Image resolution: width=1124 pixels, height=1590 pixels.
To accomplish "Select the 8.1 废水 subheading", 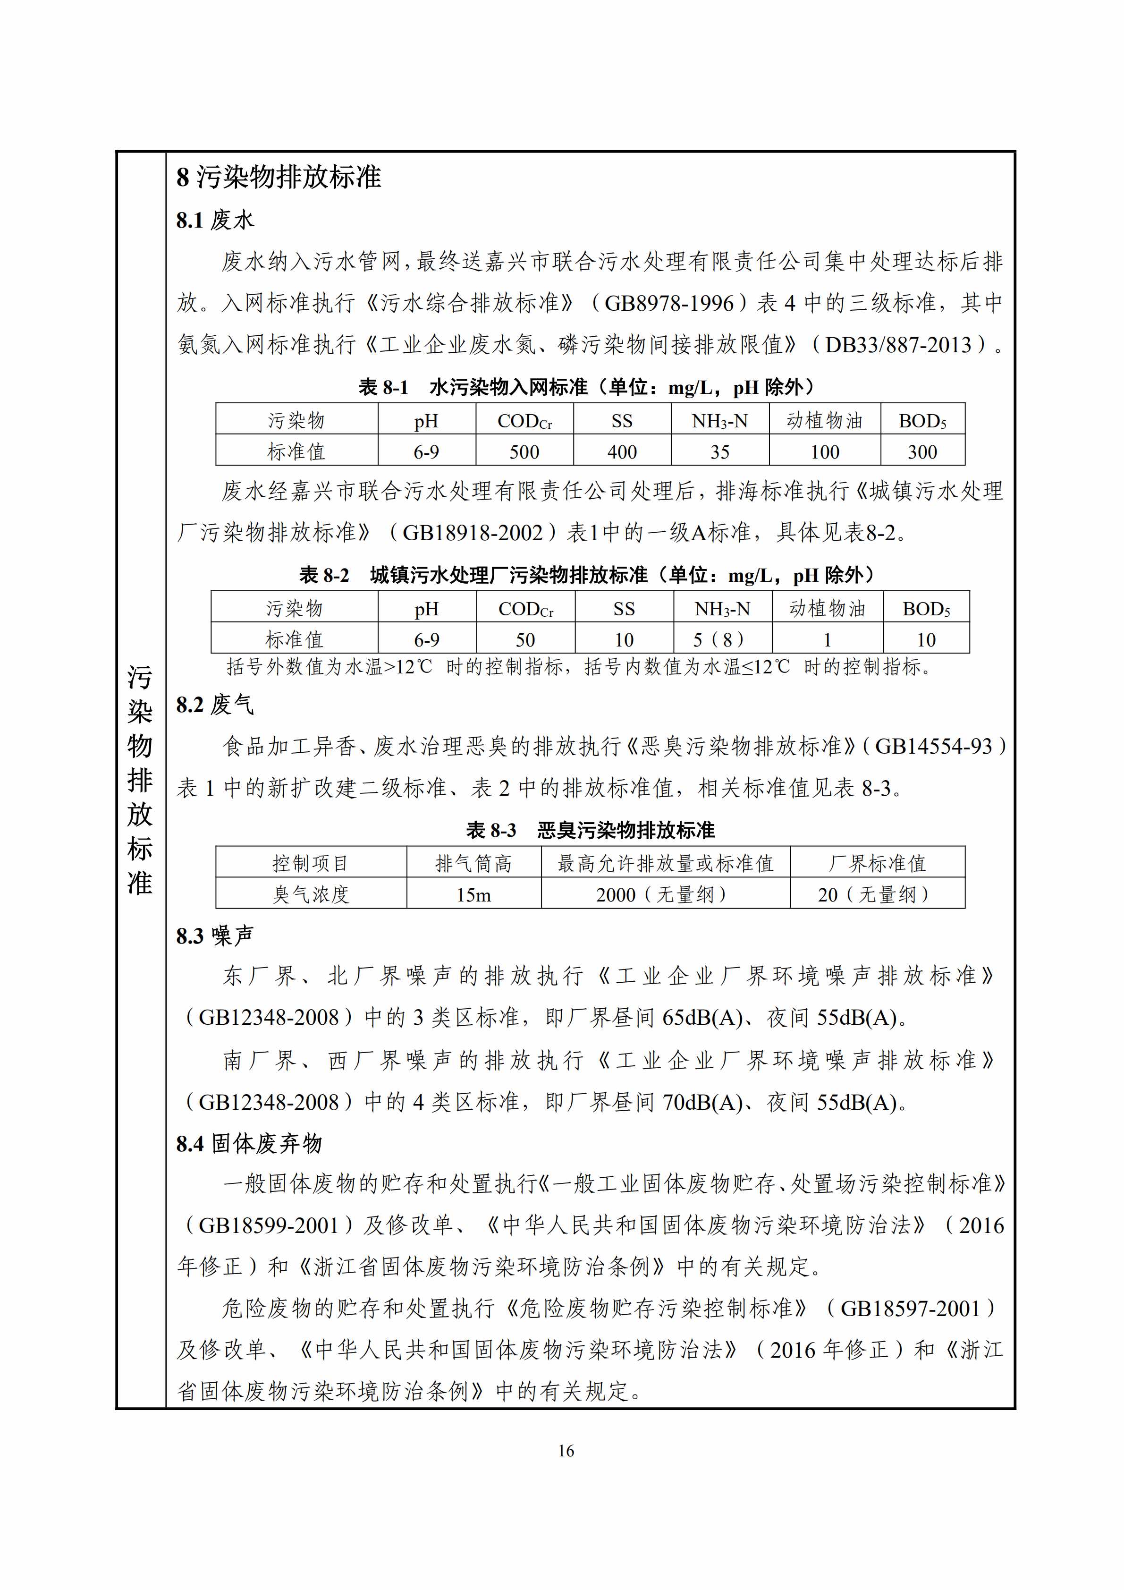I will click(215, 220).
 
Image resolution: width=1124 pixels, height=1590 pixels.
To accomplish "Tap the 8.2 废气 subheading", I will click(215, 705).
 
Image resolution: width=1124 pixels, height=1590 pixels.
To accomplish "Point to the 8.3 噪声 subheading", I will click(215, 935).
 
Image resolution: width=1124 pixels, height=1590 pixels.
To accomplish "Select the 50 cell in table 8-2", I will click(525, 639).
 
